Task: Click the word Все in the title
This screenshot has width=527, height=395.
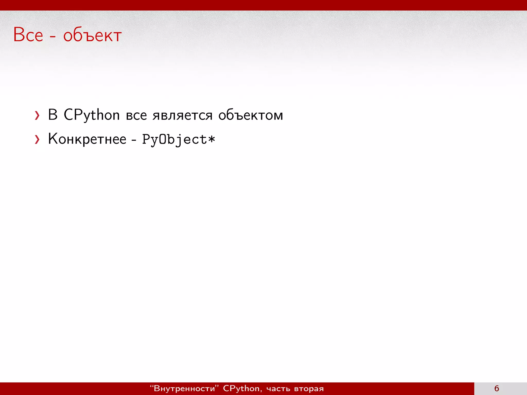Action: click(28, 35)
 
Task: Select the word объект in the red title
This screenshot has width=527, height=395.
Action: click(92, 35)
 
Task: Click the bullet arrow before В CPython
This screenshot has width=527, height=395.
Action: click(37, 115)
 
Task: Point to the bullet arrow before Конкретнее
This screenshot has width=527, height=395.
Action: click(37, 140)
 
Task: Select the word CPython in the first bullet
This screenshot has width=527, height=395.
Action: click(92, 115)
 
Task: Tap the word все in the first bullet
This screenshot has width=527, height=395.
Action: click(136, 115)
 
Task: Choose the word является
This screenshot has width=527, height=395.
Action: click(182, 115)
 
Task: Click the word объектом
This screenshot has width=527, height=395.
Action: click(251, 115)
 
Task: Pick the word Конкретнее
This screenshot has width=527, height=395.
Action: click(87, 139)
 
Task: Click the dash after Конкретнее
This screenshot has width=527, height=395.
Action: click(134, 140)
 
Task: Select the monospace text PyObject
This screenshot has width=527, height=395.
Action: click(175, 140)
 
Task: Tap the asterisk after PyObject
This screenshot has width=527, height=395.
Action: click(212, 139)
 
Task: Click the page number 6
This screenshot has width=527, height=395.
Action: click(497, 388)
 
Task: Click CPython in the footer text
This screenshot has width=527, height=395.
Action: click(241, 388)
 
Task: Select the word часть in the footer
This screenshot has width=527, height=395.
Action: click(278, 389)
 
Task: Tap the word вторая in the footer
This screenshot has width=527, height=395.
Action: click(309, 389)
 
